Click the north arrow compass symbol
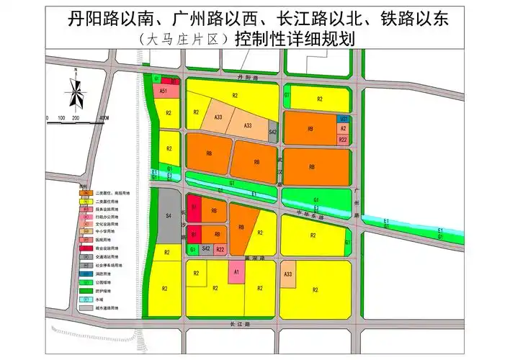75,89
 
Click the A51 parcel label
164,92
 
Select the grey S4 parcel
167,215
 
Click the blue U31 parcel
344,118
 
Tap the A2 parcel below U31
344,128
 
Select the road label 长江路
241,325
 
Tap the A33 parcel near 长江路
287,275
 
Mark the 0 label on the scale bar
47,117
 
